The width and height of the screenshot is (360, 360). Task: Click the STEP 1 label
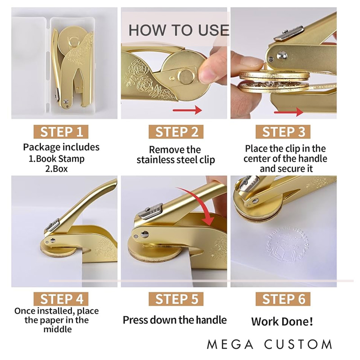[x=61, y=132]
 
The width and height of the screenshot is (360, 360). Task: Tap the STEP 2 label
[x=176, y=132]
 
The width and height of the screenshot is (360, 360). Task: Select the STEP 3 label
[x=283, y=132]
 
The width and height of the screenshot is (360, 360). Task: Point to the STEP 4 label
[x=61, y=299]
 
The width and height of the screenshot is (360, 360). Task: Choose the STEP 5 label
[x=176, y=299]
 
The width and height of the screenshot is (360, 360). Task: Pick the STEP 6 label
[x=283, y=299]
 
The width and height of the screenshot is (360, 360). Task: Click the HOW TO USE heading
[x=179, y=30]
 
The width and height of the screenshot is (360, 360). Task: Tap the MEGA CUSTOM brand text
[x=270, y=344]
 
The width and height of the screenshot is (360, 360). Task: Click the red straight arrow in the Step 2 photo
[x=187, y=110]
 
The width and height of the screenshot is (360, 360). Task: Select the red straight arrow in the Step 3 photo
[x=288, y=112]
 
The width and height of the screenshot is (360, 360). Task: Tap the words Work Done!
[x=282, y=321]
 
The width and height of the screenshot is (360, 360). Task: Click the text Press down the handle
[x=175, y=320]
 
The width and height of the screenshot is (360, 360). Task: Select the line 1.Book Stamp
[x=57, y=159]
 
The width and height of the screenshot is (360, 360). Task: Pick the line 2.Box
[x=57, y=169]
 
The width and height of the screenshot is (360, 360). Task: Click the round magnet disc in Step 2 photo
[x=185, y=76]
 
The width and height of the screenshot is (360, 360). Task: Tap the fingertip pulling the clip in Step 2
[x=209, y=71]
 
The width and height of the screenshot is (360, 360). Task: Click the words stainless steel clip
[x=175, y=160]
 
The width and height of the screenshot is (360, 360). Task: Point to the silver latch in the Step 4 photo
[x=52, y=225]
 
